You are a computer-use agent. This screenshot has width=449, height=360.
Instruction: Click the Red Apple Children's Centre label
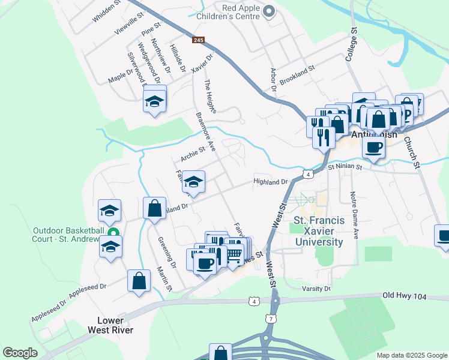[232, 11]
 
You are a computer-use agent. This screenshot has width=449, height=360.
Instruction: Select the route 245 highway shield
[199, 40]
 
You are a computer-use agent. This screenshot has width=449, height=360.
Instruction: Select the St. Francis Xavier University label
[319, 232]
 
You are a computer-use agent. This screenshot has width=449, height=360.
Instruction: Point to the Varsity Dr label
[319, 289]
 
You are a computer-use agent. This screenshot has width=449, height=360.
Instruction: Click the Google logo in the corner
[20, 353]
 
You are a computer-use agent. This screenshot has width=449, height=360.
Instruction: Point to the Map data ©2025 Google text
[412, 355]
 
